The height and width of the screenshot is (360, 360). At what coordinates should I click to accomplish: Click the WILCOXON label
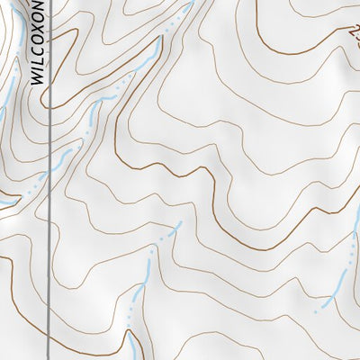[37, 41]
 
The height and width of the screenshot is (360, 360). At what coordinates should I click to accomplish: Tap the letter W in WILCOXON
[37, 78]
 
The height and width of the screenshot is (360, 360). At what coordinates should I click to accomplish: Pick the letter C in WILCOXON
[37, 49]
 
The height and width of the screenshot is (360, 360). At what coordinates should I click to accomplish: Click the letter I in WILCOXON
[37, 67]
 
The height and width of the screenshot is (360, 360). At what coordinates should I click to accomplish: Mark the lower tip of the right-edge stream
[317, 310]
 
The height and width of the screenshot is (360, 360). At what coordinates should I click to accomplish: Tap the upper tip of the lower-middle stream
[180, 222]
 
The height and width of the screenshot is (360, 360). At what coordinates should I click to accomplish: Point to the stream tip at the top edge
[191, 4]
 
